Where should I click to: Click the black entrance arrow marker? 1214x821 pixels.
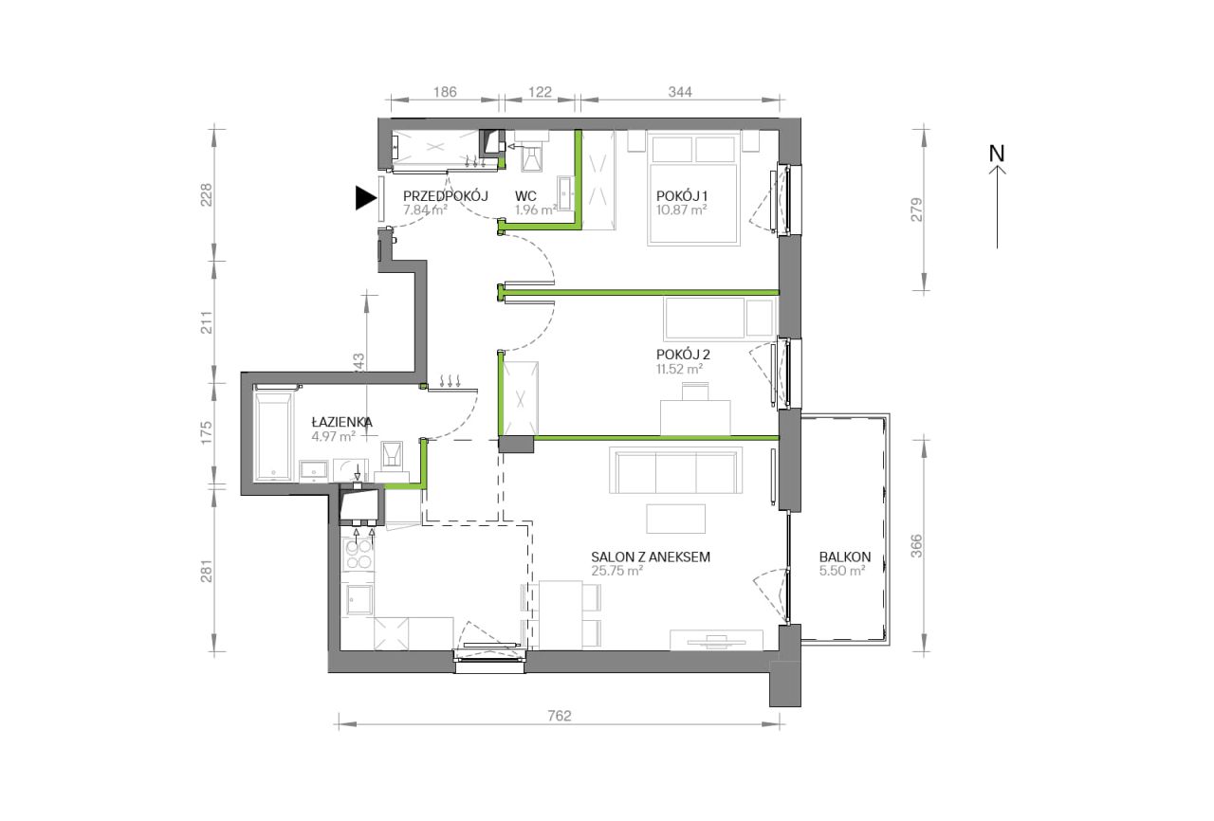click(365, 198)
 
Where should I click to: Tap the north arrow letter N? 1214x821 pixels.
click(997, 154)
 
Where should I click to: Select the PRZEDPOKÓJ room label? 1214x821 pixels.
click(446, 195)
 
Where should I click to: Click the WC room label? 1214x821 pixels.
click(525, 195)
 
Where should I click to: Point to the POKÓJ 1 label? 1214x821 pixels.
click(681, 195)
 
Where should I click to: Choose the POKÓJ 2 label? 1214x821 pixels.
click(683, 355)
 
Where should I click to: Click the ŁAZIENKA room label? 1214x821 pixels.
click(342, 422)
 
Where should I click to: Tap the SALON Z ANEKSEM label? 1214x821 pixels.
click(651, 556)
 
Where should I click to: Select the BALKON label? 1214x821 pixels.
click(845, 556)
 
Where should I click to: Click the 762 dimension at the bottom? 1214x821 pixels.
click(560, 716)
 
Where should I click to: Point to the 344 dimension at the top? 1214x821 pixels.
click(680, 92)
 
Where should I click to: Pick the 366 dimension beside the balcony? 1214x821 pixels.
click(916, 546)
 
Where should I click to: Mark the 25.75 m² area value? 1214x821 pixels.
click(617, 571)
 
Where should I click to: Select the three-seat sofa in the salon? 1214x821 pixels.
click(675, 470)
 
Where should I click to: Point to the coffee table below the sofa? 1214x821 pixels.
click(676, 519)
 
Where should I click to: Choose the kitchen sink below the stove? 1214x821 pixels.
click(359, 599)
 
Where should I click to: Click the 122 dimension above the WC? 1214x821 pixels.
click(540, 92)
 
